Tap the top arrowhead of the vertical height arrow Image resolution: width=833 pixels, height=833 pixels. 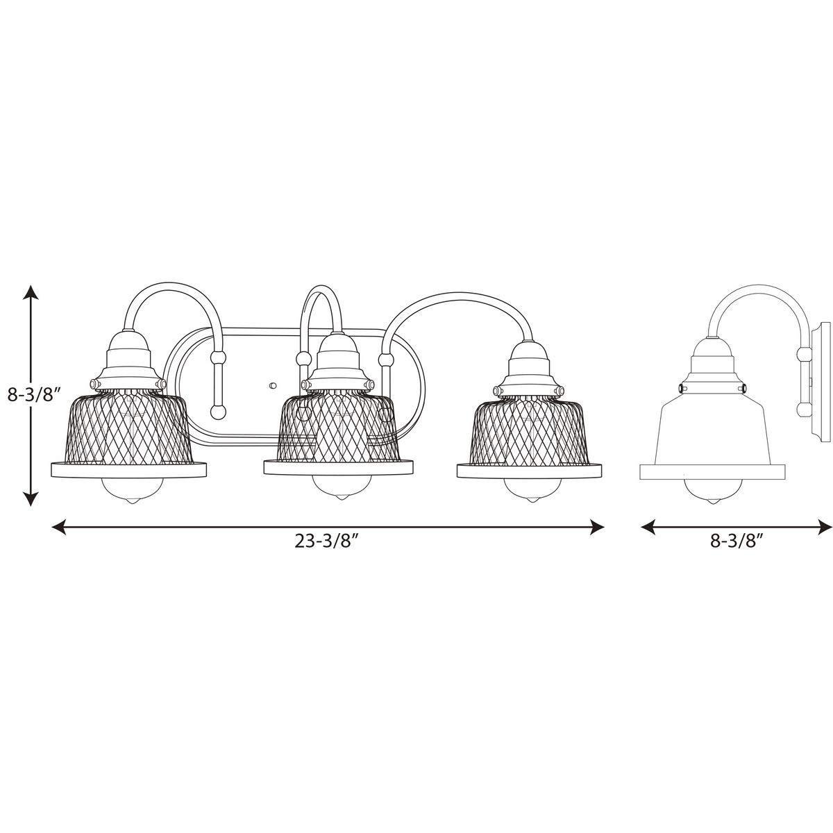(x=31, y=293)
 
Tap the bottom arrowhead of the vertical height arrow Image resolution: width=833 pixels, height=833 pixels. (x=31, y=498)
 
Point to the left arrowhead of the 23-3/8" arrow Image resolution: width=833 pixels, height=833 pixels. (x=59, y=527)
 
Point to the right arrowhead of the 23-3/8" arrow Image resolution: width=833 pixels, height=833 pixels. (x=596, y=527)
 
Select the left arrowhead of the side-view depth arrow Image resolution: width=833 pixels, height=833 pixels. (x=648, y=527)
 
